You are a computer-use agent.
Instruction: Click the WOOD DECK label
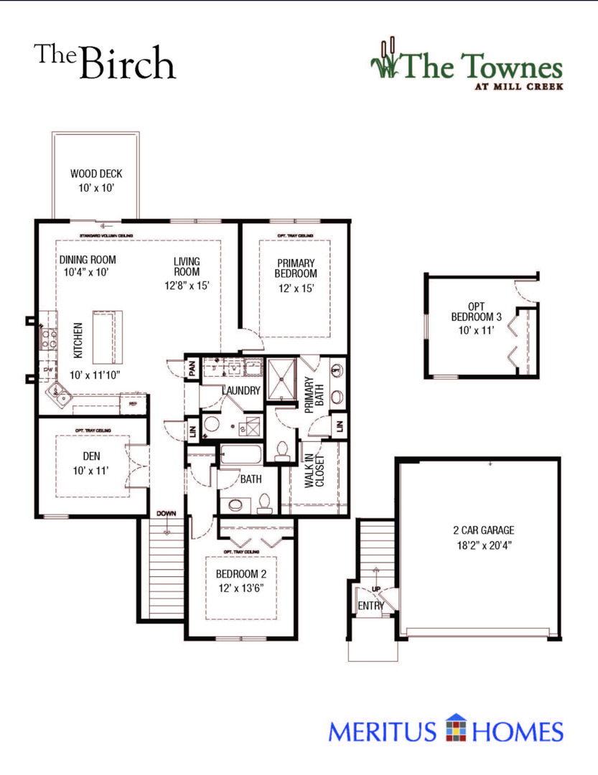pos(96,174)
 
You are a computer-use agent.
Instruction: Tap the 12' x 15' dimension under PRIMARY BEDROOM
pos(295,288)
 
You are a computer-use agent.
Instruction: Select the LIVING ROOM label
pos(187,266)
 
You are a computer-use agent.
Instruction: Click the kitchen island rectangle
pos(108,337)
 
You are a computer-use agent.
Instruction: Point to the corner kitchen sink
pos(57,393)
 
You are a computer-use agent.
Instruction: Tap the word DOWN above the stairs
pos(166,515)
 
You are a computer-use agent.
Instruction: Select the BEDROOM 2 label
pos(241,574)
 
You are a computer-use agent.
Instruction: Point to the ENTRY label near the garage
pos(370,606)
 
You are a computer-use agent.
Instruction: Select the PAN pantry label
pos(192,370)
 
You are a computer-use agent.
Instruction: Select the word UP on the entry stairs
pos(376,589)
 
